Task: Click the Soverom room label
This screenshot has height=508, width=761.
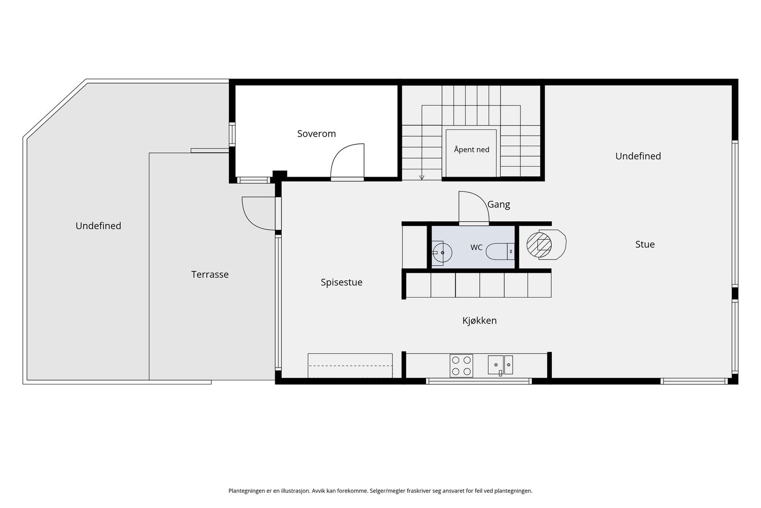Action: (316, 134)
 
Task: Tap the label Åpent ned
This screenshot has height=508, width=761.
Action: (471, 149)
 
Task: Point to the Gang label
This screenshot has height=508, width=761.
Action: (498, 204)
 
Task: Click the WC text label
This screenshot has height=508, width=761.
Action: (476, 248)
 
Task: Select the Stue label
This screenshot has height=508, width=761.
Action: (645, 244)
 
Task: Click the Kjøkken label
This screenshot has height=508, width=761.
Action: (479, 320)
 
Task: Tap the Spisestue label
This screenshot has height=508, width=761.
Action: (341, 282)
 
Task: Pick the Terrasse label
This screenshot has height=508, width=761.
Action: (210, 274)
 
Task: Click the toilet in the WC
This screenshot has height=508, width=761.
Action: (500, 252)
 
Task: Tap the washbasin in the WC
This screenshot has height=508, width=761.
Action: (442, 253)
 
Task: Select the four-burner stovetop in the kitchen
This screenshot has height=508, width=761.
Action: (461, 366)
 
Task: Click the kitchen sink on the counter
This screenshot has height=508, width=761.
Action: (500, 365)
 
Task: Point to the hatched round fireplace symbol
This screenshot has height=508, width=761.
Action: (539, 245)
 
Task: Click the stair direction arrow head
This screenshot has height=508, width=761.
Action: (421, 178)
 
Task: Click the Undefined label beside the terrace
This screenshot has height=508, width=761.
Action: (98, 226)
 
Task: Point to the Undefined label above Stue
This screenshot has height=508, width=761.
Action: (638, 156)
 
